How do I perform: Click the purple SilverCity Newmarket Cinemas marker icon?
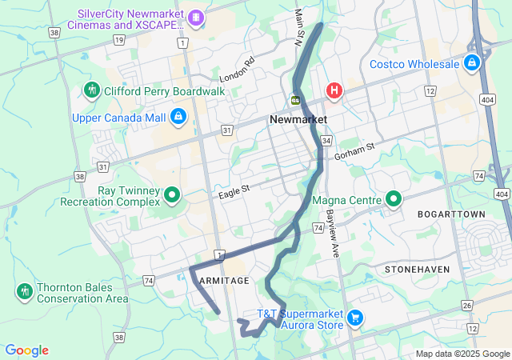point(195,17)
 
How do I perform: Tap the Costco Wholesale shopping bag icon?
point(473,63)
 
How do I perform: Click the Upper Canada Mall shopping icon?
point(178,118)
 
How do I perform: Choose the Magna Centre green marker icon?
point(394,198)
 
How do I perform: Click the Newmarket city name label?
point(298,118)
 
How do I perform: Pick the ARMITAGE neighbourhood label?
point(224,281)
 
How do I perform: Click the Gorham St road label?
point(356,149)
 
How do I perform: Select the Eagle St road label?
point(234,192)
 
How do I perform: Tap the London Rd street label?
point(237,70)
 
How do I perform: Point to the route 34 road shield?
point(326,141)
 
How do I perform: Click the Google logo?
point(26,350)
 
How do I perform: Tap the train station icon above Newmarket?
point(295,100)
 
